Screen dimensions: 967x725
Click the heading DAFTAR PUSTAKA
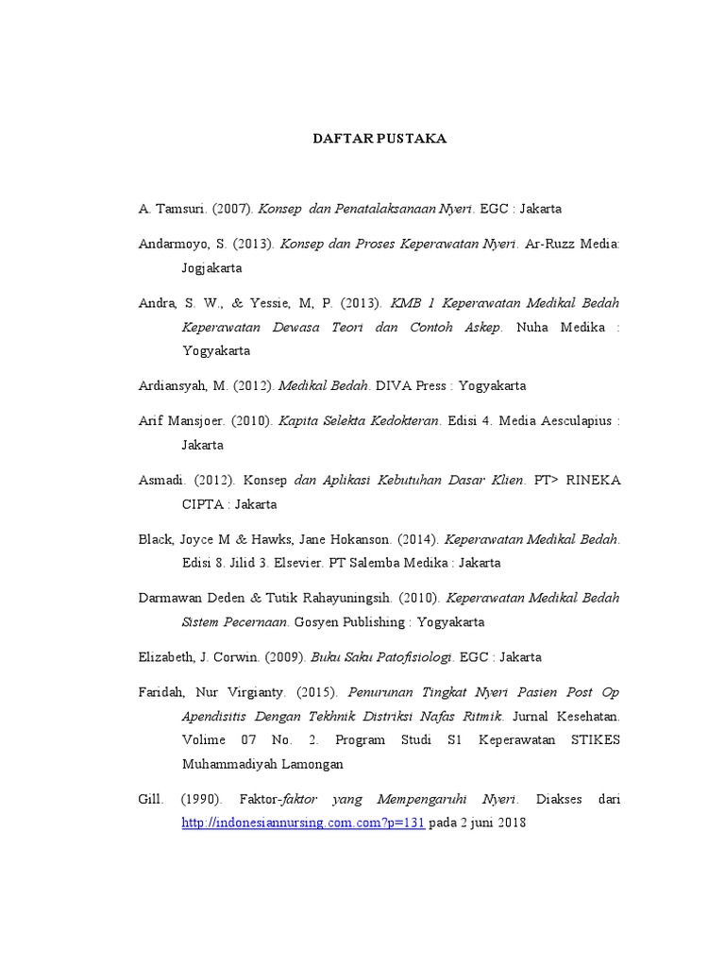(379, 139)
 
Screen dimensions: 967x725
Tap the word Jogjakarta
(212, 268)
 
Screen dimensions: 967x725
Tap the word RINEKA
(592, 480)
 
